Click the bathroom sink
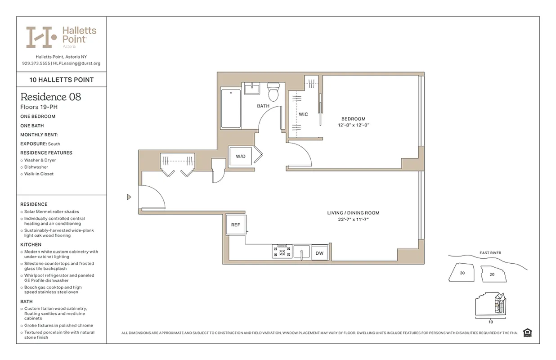(x=252, y=88)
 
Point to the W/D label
(x=241, y=157)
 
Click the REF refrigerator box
(x=236, y=225)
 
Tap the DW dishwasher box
(x=319, y=253)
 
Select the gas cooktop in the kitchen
(x=282, y=252)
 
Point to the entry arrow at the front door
(x=129, y=197)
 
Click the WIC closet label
(x=304, y=114)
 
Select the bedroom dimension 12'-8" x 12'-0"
(x=353, y=125)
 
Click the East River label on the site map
(x=490, y=253)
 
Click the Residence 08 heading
(x=51, y=97)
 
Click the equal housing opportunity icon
(x=528, y=333)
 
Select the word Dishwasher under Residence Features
(x=36, y=167)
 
